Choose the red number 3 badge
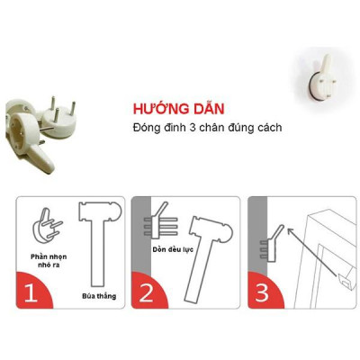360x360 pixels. point(261,292)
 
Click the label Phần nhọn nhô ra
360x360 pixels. point(44,261)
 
